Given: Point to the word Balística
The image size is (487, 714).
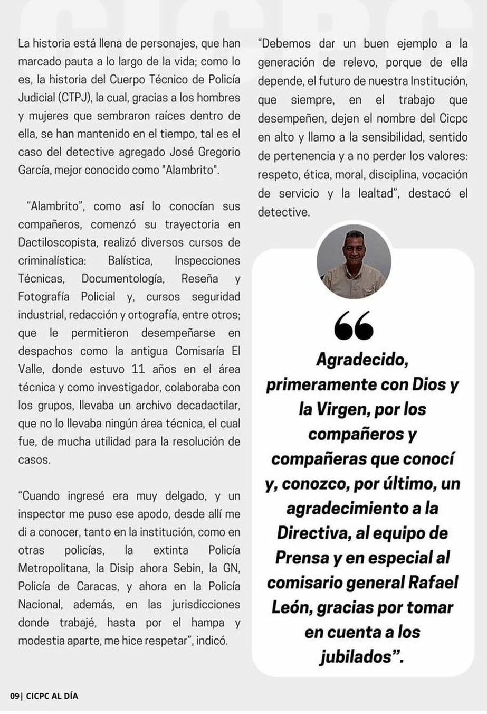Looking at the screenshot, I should click(x=130, y=260).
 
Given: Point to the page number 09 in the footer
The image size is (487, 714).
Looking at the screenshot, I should click(x=14, y=696).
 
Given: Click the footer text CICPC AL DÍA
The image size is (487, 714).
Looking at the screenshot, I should click(x=52, y=696).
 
